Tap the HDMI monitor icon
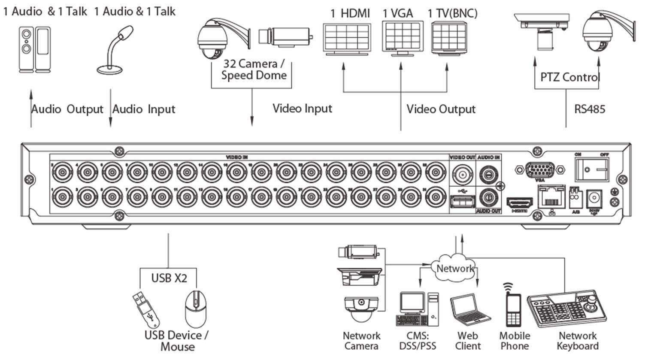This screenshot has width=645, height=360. pos(347,39)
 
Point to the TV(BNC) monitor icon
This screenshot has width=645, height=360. pos(448,39)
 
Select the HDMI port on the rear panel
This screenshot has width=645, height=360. pos(520,203)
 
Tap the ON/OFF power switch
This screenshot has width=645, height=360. pos(592,169)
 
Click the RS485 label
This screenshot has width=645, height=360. pos(590,109)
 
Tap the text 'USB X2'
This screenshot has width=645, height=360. pos(169,278)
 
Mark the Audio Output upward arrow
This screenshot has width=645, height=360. pos(31,107)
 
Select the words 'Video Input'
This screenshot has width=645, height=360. pos(302,108)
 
